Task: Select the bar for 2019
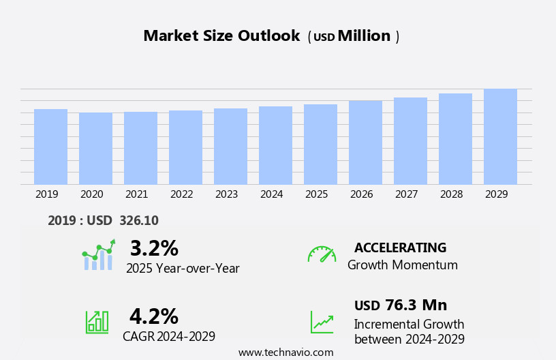50,147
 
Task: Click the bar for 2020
95,149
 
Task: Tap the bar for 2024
275,145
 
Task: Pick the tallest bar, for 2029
500,136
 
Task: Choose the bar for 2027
410,141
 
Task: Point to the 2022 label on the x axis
181,194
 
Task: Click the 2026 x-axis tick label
361,194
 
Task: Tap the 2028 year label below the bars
451,194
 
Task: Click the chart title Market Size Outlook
221,36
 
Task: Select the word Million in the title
364,36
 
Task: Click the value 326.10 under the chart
138,221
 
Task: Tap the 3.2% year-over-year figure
154,248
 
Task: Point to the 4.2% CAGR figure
154,316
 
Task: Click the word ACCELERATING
400,248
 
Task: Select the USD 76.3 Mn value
401,305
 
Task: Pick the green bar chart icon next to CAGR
97,321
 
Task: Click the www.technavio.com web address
285,352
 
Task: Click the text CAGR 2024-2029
169,336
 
